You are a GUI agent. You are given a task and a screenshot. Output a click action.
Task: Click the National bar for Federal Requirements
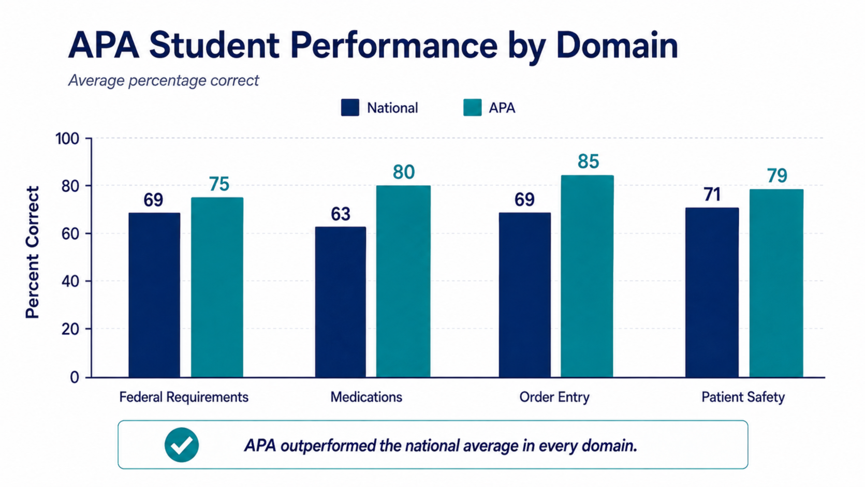[x=154, y=294]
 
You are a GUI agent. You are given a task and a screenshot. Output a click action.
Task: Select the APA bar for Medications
[x=403, y=281]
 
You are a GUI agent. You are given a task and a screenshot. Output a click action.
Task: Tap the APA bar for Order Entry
[x=587, y=276]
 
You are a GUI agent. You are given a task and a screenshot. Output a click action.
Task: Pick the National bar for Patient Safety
[x=712, y=292]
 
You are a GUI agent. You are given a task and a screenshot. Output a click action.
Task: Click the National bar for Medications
[x=340, y=302]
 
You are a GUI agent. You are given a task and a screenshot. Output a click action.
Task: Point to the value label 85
[x=588, y=161]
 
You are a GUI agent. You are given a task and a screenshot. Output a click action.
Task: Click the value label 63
[x=341, y=214]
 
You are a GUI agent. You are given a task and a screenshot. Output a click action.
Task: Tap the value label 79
[x=777, y=176]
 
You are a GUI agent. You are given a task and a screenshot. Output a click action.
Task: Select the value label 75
[x=219, y=184]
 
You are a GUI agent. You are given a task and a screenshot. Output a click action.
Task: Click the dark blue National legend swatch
[x=350, y=107]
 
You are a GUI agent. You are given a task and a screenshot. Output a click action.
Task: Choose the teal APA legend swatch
[x=472, y=107]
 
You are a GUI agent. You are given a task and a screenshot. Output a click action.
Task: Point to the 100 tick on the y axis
[x=67, y=139]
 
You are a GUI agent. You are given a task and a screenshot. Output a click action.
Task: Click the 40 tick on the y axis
[x=70, y=281]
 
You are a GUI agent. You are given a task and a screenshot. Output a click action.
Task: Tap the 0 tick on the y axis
[x=75, y=377]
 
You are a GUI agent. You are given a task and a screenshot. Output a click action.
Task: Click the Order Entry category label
[x=554, y=397]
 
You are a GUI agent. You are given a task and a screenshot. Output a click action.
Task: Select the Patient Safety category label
[x=743, y=397]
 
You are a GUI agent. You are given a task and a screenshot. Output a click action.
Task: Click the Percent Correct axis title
[x=33, y=253]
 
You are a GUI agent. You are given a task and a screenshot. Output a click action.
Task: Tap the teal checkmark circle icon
[x=182, y=445]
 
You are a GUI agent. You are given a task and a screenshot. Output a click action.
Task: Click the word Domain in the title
[x=617, y=46]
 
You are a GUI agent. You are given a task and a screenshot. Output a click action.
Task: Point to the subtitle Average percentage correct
[x=164, y=80]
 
